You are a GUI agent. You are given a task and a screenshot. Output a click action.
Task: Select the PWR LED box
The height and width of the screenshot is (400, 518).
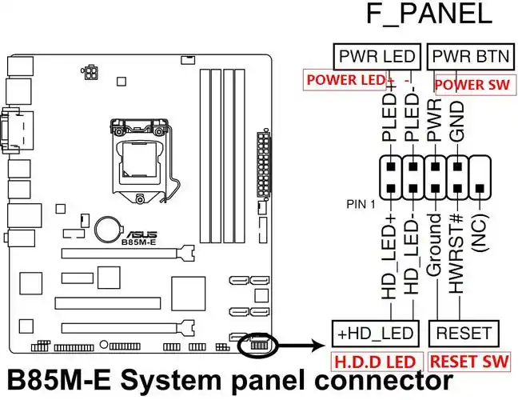(x=377, y=57)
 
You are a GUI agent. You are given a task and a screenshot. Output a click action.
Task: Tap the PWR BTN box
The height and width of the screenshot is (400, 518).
(x=464, y=57)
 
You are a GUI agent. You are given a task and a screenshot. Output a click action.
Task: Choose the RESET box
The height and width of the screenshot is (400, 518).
(x=464, y=332)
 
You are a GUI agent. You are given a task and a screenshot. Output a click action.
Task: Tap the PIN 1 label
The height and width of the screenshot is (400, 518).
(x=361, y=204)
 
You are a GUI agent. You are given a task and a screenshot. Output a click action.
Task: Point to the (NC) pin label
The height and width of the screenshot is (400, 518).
(x=480, y=236)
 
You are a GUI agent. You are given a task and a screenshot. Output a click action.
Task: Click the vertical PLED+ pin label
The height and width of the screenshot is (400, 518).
(x=390, y=121)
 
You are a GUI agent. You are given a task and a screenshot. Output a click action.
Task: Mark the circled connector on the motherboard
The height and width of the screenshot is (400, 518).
(x=257, y=345)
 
